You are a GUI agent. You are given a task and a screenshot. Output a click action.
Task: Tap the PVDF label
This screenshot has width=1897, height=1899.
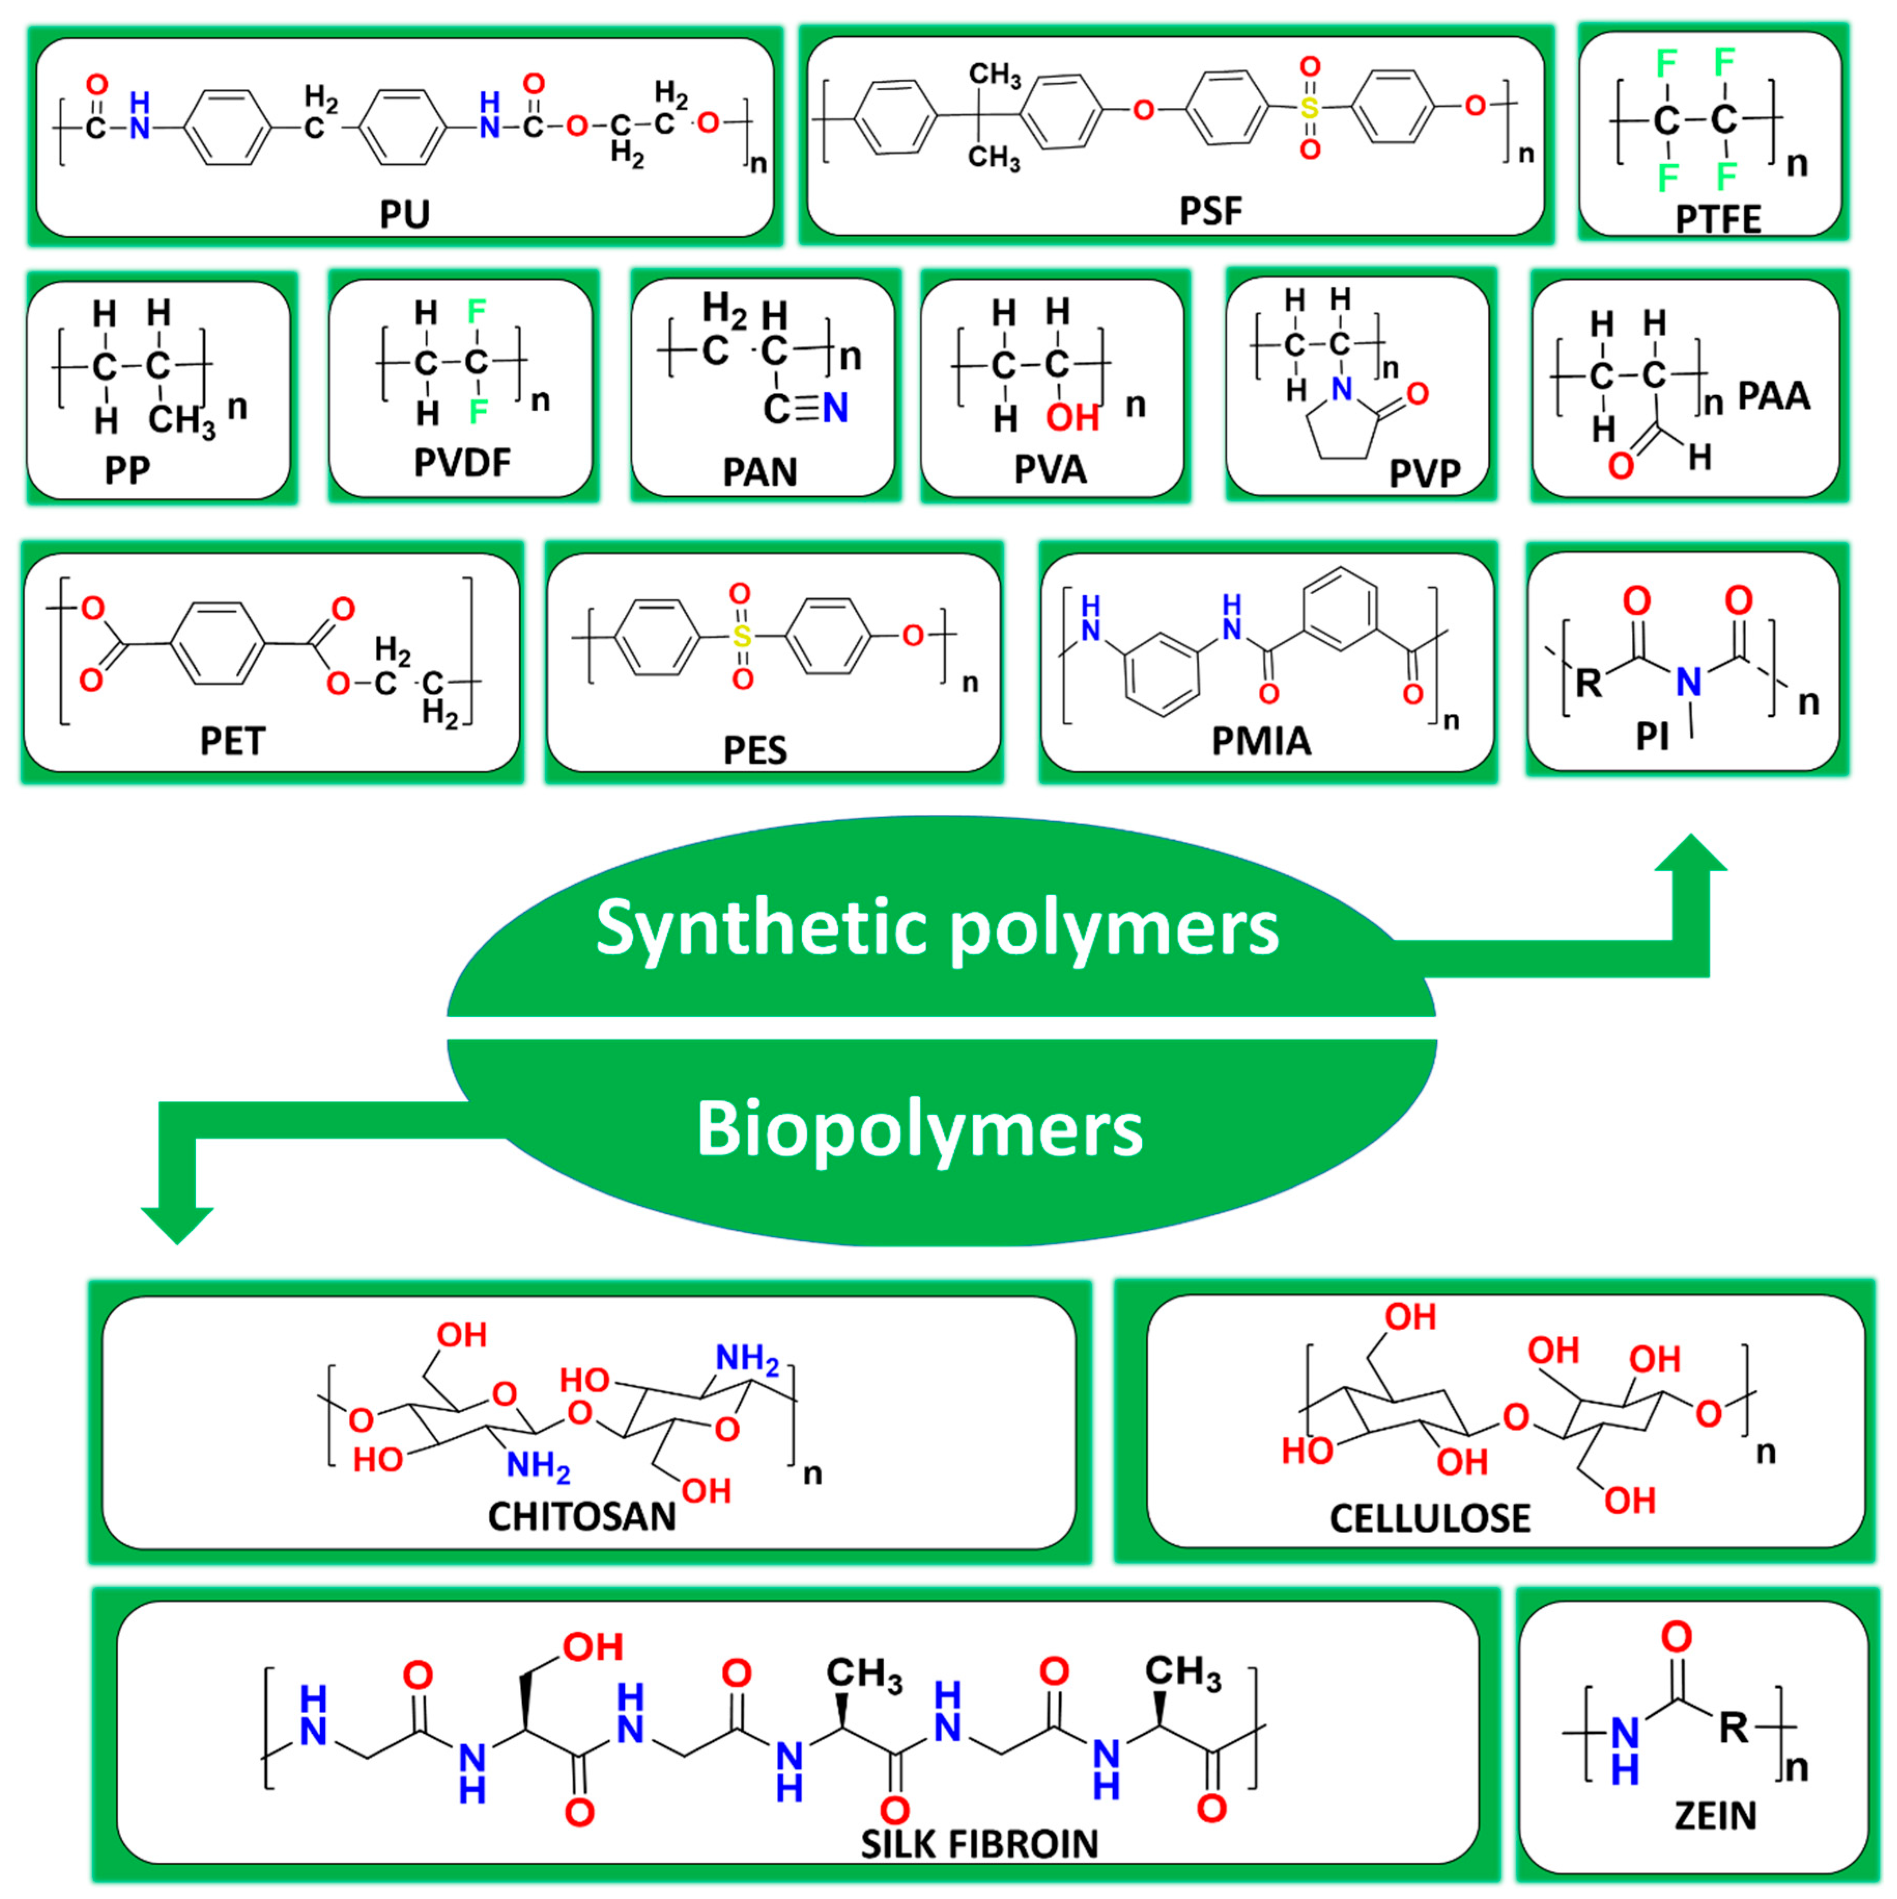coord(462,462)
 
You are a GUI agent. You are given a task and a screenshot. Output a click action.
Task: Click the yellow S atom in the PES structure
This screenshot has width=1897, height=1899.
coord(742,637)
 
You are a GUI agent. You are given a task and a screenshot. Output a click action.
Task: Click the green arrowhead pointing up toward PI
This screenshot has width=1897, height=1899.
coord(1691,855)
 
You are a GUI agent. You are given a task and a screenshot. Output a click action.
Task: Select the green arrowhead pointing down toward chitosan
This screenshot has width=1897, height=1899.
coord(177,1224)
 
